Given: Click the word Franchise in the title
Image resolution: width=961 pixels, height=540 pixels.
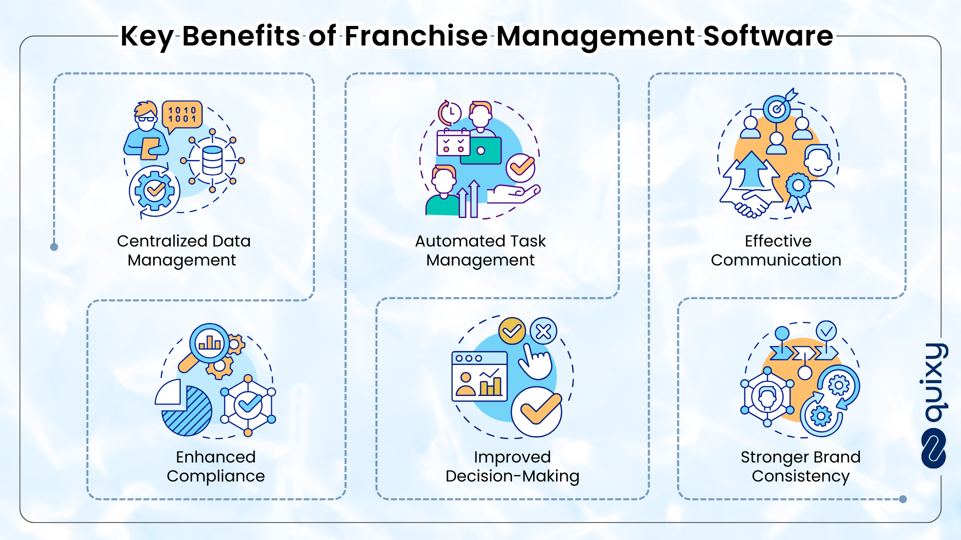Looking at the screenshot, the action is pos(416,36).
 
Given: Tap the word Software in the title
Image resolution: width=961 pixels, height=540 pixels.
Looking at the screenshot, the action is pos(768,36).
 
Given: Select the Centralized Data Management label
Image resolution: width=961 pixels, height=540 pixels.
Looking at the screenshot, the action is pos(183,250).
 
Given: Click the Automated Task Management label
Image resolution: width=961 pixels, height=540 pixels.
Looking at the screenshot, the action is pos(480,250).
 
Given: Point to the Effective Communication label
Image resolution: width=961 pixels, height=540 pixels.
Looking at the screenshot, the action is pos(776,250).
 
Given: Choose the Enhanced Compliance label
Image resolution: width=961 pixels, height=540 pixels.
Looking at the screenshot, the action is pos(216,466).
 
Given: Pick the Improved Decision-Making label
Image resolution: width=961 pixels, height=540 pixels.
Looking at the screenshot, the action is pos(513,466).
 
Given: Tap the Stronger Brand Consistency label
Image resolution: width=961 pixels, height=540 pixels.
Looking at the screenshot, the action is pos(801,466).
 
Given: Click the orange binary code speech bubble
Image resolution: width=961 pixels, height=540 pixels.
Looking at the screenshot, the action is pos(182,116).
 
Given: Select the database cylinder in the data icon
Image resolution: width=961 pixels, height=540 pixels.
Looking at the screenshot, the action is pos(212,160).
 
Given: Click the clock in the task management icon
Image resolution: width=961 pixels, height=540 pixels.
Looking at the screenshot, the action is pos(450,113).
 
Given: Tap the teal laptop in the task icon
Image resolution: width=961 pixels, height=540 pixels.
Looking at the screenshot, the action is pos(481,150).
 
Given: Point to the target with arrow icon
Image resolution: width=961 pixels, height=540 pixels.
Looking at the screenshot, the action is pos(779,106).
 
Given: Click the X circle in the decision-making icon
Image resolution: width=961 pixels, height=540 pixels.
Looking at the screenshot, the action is pos(544,331).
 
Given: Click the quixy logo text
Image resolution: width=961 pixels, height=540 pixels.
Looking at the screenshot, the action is pos(934,382).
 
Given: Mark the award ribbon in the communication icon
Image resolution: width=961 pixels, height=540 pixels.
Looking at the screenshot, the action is pos(798,191).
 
